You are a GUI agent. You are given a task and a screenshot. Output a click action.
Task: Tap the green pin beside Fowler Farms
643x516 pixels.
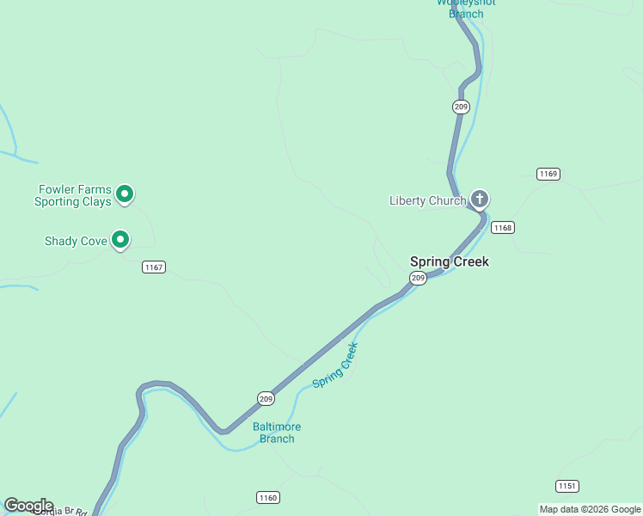pos(125,194)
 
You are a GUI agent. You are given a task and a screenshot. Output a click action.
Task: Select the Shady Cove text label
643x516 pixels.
pos(76,242)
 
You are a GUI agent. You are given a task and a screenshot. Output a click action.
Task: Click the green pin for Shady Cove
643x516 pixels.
pos(121,240)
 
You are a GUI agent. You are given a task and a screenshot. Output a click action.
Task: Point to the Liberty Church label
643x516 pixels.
pos(427,201)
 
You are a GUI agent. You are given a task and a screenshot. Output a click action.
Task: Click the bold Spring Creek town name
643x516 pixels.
pos(450,261)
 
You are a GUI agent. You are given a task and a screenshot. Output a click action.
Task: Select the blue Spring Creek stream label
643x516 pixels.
pos(334,365)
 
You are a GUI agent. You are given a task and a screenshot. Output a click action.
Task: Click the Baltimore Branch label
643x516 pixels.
pos(277,433)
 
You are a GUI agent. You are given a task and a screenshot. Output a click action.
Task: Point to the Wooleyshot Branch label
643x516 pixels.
pos(466,7)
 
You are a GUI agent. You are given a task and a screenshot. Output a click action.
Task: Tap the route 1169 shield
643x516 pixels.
pos(548,174)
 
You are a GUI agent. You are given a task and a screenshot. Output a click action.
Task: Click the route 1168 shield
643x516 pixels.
pos(503,228)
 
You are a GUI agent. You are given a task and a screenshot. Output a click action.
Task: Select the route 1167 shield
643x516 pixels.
pos(154,267)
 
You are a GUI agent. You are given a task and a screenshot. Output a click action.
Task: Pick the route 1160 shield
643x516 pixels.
pos(268,497)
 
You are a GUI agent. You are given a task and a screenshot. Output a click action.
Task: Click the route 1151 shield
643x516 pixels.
pos(566,485)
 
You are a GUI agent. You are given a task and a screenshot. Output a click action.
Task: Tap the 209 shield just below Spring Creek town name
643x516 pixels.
pos(418,278)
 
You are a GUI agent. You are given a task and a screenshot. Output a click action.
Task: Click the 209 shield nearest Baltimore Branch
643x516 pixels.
pos(266,398)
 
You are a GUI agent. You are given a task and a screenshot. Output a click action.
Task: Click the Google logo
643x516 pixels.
pos(28,506)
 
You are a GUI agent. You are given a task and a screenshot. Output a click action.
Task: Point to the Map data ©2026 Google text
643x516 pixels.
pos(590,509)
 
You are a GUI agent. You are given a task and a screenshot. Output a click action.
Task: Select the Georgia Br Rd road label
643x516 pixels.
pos(60,512)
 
